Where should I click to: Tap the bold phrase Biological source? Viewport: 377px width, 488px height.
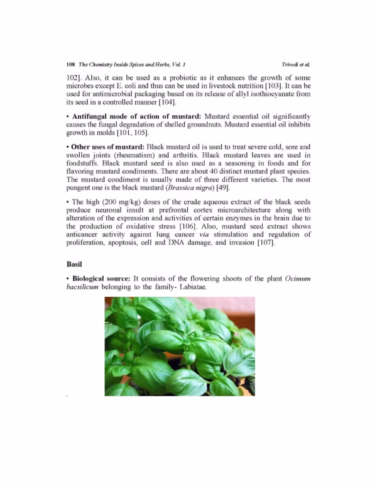(101, 278)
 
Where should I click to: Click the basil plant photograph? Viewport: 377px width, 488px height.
(179, 346)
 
